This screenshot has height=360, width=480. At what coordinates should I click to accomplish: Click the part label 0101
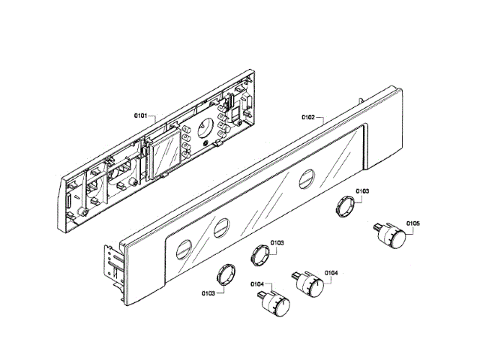coord(142,116)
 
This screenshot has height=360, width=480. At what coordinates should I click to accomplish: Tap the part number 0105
coord(413,223)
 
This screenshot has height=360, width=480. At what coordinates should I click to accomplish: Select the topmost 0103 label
coord(362,192)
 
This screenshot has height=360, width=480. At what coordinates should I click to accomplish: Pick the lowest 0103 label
coord(209,292)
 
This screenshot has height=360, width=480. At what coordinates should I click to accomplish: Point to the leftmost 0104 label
coord(256,283)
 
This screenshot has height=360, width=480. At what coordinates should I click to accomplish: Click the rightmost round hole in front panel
coord(306,180)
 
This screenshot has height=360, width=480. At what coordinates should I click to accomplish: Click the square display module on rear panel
coord(166,154)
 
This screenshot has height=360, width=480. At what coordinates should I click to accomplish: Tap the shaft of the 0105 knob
coord(376,226)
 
